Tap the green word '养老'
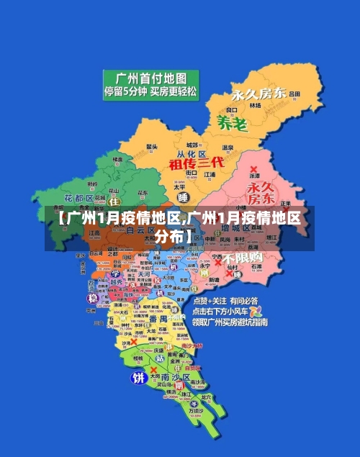click(x=232, y=123)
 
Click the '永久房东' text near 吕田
click(x=258, y=94)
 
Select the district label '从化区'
click(x=192, y=154)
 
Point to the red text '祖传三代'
click(x=197, y=163)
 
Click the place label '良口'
click(x=231, y=109)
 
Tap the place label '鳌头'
click(x=152, y=146)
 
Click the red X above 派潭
click(x=253, y=171)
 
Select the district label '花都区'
click(x=78, y=197)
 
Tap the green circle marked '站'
click(x=160, y=357)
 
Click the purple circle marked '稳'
click(x=92, y=298)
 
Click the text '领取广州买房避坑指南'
click(x=230, y=322)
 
